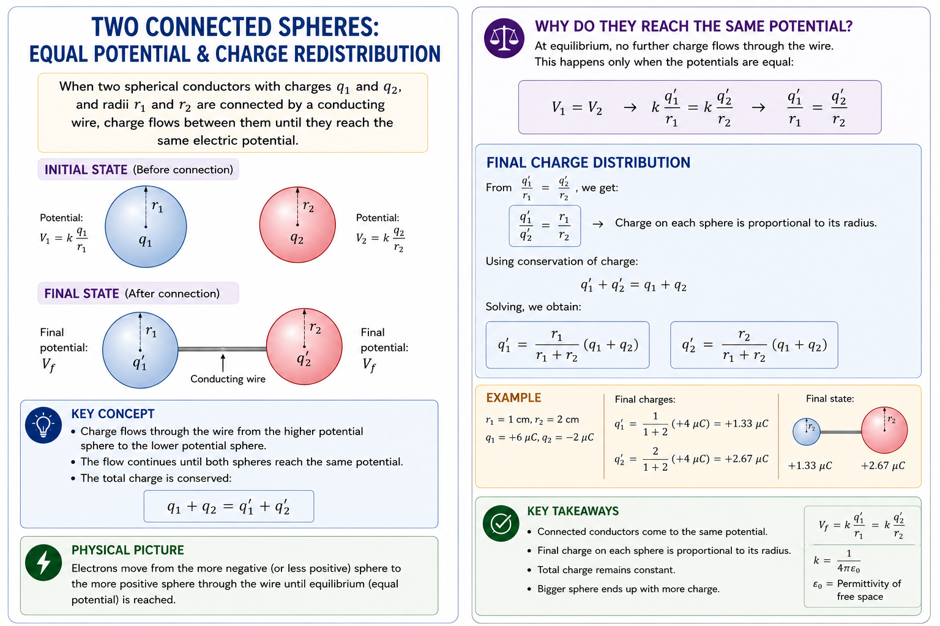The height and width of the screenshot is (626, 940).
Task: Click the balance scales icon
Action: pyautogui.click(x=504, y=38)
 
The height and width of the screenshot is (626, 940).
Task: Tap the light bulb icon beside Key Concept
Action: pyautogui.click(x=43, y=425)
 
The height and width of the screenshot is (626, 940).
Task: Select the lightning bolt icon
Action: pyautogui.click(x=43, y=562)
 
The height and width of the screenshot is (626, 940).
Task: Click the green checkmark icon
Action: pyautogui.click(x=501, y=523)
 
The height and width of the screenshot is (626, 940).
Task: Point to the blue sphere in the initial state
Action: pyautogui.click(x=146, y=226)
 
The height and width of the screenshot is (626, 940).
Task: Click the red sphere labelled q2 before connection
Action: pyautogui.click(x=297, y=225)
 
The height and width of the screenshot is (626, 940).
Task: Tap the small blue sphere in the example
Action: pyautogui.click(x=807, y=432)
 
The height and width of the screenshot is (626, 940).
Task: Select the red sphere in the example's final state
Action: pyautogui.click(x=884, y=430)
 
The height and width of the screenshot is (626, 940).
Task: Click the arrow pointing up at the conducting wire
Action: pyautogui.click(x=223, y=363)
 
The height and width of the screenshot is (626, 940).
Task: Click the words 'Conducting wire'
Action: pyautogui.click(x=228, y=379)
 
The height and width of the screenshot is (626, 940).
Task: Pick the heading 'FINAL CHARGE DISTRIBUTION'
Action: pyautogui.click(x=588, y=163)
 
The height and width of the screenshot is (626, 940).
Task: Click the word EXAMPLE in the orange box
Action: pyautogui.click(x=513, y=397)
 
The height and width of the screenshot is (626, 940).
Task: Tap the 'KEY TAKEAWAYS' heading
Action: pyautogui.click(x=573, y=511)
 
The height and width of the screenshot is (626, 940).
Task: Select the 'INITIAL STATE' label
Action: pyautogui.click(x=86, y=169)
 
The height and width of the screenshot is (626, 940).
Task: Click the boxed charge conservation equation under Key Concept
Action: pyautogui.click(x=229, y=507)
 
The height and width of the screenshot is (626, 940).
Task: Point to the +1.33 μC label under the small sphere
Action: pyautogui.click(x=810, y=466)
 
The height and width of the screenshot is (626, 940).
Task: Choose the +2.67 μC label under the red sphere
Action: pyautogui.click(x=883, y=466)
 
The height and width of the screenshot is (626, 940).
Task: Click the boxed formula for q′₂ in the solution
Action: pyautogui.click(x=754, y=345)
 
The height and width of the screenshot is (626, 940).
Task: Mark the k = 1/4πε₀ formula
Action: pyautogui.click(x=837, y=561)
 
